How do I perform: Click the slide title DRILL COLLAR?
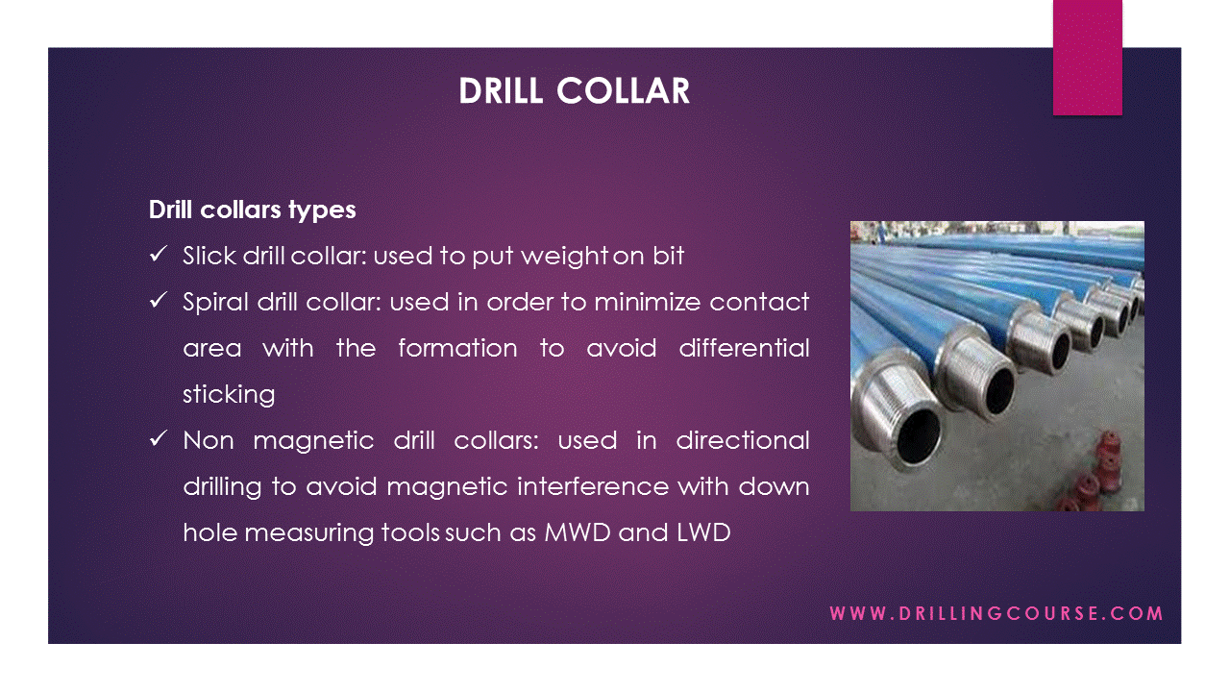click(x=574, y=91)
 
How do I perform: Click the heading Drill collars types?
click(x=252, y=210)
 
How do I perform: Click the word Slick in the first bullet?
click(x=209, y=256)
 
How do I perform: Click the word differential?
click(x=744, y=348)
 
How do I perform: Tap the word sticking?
click(x=229, y=394)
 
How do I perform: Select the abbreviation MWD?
click(x=578, y=532)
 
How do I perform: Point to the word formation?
click(x=457, y=348)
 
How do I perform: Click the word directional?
click(x=742, y=440)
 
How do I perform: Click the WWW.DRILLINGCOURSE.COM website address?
click(x=996, y=613)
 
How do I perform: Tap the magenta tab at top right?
click(x=1087, y=58)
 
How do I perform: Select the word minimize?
click(x=648, y=302)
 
